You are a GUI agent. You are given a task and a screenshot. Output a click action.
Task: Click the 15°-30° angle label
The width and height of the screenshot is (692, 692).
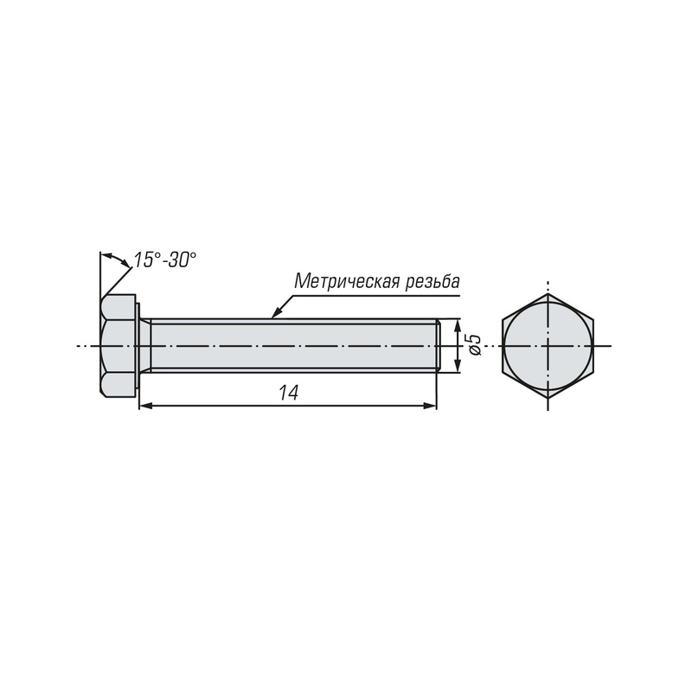click(x=164, y=259)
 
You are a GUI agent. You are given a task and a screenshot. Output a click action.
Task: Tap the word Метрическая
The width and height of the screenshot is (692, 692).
click(x=348, y=282)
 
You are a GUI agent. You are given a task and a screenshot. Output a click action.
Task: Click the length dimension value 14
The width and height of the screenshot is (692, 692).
click(x=288, y=393)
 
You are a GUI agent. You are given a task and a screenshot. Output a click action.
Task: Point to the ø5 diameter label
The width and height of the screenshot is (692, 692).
click(x=474, y=344)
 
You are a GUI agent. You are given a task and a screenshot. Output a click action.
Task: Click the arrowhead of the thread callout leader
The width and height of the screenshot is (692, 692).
click(x=276, y=312)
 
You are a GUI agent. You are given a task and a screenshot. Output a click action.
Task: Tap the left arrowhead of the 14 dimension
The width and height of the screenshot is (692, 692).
click(x=145, y=406)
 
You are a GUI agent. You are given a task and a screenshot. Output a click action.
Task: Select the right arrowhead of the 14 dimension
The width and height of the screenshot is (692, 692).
click(x=430, y=406)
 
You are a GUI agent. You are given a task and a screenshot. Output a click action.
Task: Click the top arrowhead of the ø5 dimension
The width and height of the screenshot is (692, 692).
click(x=458, y=326)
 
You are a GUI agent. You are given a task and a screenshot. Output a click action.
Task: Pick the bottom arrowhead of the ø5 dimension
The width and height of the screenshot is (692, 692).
click(x=458, y=366)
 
